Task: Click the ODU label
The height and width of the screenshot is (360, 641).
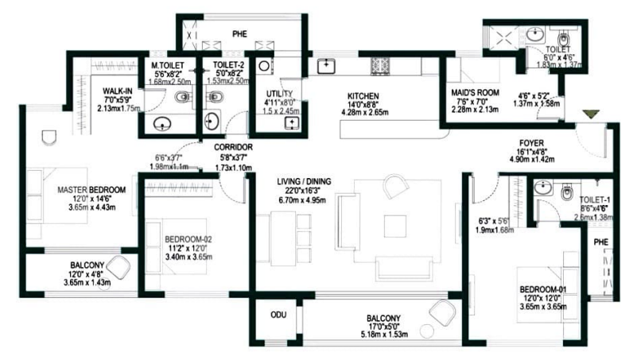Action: tap(278, 315)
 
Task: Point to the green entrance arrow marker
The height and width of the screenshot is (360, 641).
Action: tap(589, 116)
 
